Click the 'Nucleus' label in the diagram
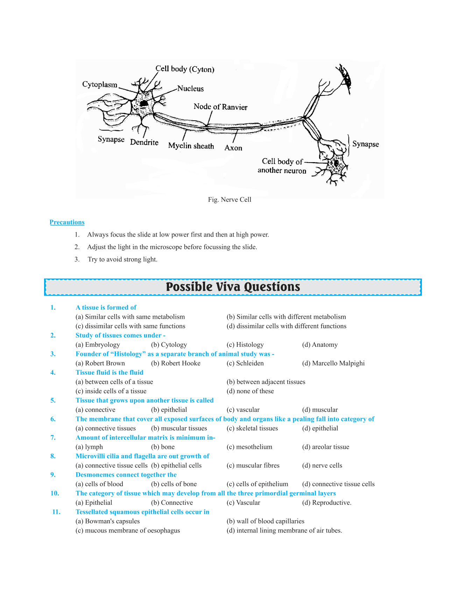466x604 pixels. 190,88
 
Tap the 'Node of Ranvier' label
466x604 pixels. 220,107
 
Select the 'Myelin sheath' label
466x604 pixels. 191,146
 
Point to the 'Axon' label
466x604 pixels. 233,148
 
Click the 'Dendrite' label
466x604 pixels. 144,142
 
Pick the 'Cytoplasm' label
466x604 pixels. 100,85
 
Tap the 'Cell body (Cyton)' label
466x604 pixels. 185,69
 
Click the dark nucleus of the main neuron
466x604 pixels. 144,103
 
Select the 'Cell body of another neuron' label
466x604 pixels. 282,166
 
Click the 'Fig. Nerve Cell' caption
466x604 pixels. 230,200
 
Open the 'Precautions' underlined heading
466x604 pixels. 67,222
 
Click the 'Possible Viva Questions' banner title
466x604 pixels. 233,287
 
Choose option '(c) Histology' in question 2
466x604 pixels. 245,345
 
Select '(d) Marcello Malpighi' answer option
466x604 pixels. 333,363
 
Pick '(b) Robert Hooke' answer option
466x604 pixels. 176,363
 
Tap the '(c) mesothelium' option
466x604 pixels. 249,447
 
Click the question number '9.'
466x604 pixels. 53,475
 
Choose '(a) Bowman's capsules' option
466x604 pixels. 108,521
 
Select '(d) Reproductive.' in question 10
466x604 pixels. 327,503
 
